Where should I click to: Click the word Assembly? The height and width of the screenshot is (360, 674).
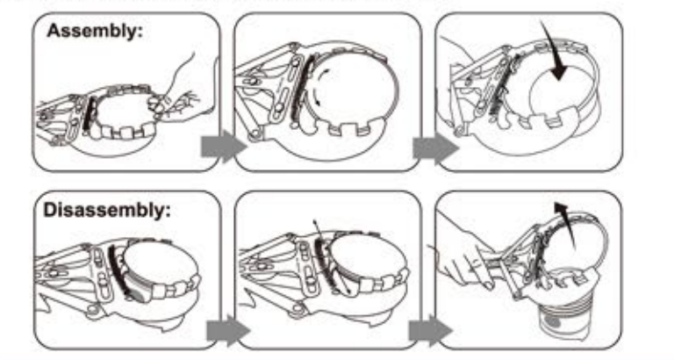(x=94, y=31)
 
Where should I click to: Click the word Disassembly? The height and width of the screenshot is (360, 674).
(x=107, y=210)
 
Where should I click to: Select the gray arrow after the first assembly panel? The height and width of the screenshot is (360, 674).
(x=223, y=148)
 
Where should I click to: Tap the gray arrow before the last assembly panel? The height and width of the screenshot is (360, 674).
(x=434, y=148)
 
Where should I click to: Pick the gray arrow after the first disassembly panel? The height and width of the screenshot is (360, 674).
(x=228, y=330)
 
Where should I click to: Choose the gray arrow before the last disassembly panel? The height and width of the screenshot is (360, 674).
(x=430, y=330)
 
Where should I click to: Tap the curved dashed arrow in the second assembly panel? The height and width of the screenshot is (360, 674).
(x=317, y=86)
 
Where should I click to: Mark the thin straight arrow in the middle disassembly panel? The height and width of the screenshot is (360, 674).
(x=332, y=257)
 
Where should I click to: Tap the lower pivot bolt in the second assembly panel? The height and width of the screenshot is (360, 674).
(x=255, y=135)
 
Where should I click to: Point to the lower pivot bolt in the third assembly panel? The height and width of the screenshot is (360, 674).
(x=461, y=129)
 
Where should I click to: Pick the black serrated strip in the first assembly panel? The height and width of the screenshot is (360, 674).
(x=89, y=114)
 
